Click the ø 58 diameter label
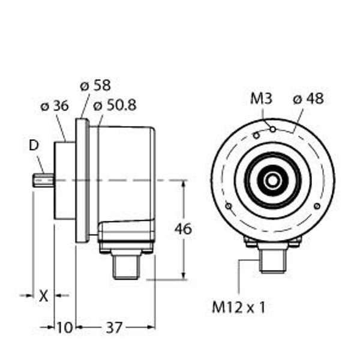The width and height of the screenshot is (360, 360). click(95, 85)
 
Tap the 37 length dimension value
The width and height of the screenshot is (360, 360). click(113, 327)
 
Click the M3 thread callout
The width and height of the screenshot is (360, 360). click(261, 99)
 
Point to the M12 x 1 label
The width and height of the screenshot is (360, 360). click(239, 308)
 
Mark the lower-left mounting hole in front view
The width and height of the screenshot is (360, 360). click(228, 207)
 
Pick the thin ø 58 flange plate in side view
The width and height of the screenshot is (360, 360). click(82, 180)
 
